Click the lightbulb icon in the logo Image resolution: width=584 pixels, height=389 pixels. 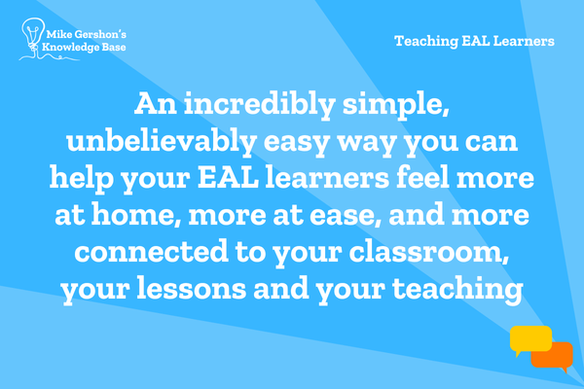(x=33, y=35)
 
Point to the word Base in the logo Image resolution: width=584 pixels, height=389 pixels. (x=114, y=47)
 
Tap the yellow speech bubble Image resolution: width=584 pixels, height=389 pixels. (x=530, y=339)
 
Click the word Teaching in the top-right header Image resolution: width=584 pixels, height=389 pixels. (x=426, y=41)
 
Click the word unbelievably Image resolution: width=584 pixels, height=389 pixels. (x=162, y=142)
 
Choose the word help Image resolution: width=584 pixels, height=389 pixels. (x=82, y=179)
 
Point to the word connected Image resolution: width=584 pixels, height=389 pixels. (x=151, y=252)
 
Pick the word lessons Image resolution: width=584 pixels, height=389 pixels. (x=192, y=289)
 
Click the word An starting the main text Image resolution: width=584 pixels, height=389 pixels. (x=156, y=103)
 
